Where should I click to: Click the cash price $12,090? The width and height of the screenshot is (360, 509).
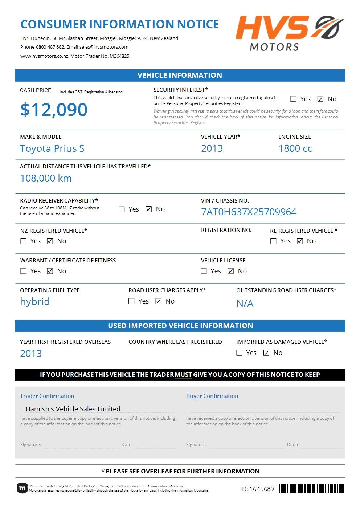(x=54, y=110)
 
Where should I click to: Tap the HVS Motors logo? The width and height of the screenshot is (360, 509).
(x=289, y=33)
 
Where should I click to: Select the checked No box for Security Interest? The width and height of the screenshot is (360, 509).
(x=320, y=99)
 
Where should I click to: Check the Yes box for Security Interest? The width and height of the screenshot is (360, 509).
(x=293, y=99)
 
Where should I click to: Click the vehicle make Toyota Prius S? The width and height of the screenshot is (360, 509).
(x=52, y=148)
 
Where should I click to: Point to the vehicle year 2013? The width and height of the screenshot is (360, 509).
(x=212, y=148)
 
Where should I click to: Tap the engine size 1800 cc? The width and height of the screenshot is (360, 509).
(x=295, y=148)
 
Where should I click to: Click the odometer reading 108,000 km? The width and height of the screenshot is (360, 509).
(x=46, y=178)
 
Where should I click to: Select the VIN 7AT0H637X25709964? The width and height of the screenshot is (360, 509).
(x=249, y=212)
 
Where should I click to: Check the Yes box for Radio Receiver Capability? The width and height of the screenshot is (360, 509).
(x=122, y=209)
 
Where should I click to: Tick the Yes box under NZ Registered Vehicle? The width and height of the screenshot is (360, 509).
(x=24, y=241)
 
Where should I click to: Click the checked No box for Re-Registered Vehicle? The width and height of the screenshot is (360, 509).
(x=300, y=241)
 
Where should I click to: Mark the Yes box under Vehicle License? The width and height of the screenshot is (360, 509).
(x=204, y=271)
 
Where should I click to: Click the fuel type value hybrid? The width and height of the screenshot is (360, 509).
(x=35, y=302)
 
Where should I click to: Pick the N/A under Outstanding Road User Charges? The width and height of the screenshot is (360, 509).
(x=245, y=304)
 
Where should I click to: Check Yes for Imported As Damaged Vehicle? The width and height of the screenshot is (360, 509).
(x=239, y=353)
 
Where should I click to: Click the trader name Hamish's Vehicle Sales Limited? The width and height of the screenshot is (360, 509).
(x=73, y=409)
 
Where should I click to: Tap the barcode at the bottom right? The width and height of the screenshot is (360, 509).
(x=312, y=489)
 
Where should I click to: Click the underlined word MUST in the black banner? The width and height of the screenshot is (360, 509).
(x=183, y=375)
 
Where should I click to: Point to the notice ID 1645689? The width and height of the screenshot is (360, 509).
(x=257, y=489)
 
